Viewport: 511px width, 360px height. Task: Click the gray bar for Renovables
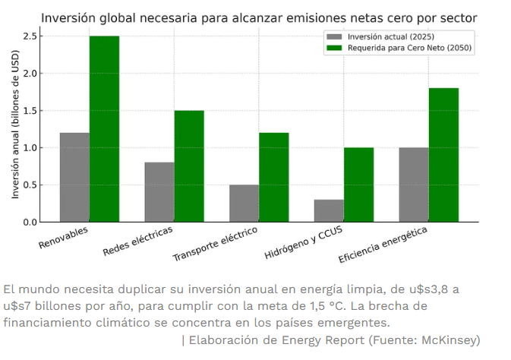pyautogui.click(x=74, y=178)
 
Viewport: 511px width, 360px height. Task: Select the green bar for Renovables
pyautogui.click(x=104, y=129)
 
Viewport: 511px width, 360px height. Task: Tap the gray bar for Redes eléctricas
pyautogui.click(x=159, y=192)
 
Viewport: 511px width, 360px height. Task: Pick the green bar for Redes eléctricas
pyautogui.click(x=189, y=166)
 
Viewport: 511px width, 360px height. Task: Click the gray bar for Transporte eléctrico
pyautogui.click(x=244, y=204)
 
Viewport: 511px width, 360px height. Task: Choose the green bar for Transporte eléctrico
pyautogui.click(x=273, y=178)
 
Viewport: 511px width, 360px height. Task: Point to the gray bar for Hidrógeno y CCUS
pyautogui.click(x=329, y=211)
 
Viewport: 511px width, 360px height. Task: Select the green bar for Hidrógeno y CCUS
pyautogui.click(x=358, y=185)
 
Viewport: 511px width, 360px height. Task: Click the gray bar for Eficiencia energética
pyautogui.click(x=414, y=185)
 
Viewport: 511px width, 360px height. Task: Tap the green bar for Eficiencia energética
pyautogui.click(x=443, y=155)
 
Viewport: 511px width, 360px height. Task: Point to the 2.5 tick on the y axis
pyautogui.click(x=31, y=36)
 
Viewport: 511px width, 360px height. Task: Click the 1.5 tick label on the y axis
pyautogui.click(x=31, y=111)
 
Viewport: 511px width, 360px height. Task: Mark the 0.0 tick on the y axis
pyautogui.click(x=31, y=222)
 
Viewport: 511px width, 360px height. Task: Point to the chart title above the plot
pyautogui.click(x=259, y=17)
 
